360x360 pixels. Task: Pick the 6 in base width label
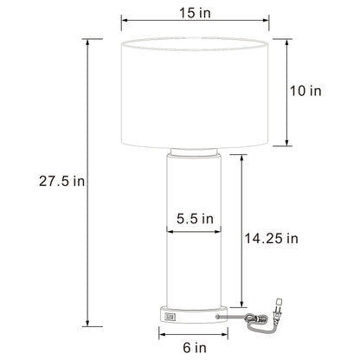(196, 347)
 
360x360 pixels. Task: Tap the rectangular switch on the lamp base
(168, 319)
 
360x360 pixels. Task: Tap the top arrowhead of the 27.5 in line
(86, 40)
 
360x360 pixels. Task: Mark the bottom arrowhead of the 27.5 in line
(86, 326)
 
